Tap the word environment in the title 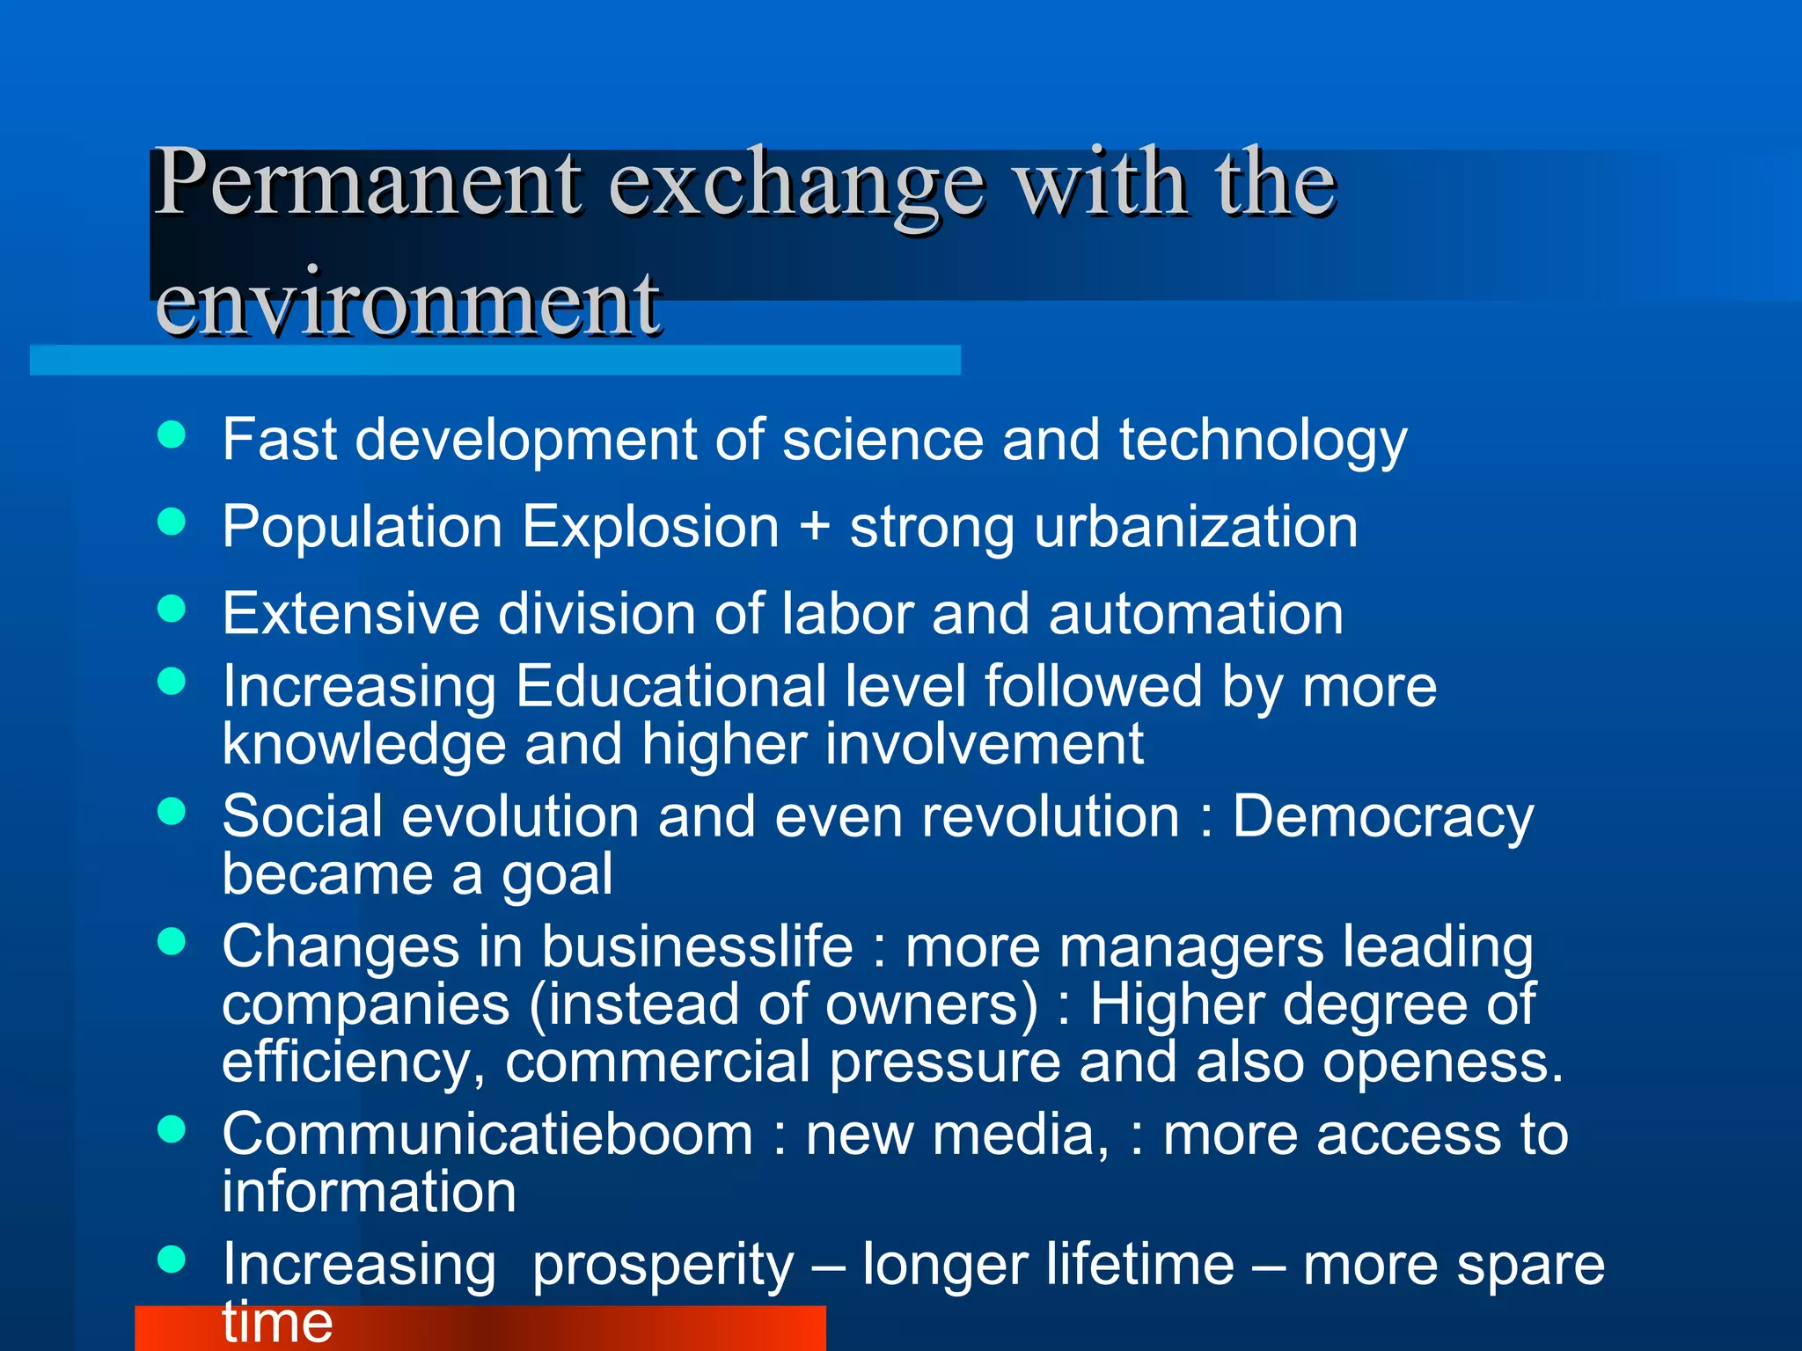click(407, 303)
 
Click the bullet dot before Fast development click(172, 435)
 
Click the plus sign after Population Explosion click(815, 527)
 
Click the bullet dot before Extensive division click(172, 609)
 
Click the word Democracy click(1382, 817)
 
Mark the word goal click(557, 876)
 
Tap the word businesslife click(697, 947)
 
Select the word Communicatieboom click(487, 1134)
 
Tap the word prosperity click(663, 1266)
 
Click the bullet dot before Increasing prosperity click(172, 1260)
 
